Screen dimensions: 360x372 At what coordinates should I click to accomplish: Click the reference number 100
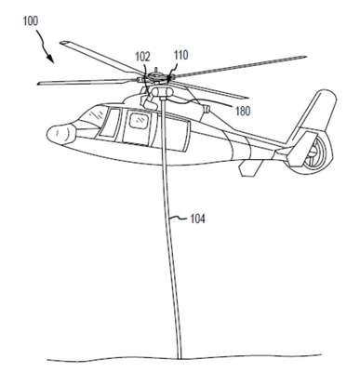30,21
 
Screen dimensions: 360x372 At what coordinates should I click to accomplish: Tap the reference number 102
142,57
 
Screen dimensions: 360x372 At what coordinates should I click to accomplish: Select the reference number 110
180,55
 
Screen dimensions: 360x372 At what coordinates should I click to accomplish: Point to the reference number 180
243,111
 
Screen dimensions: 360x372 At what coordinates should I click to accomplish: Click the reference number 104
197,219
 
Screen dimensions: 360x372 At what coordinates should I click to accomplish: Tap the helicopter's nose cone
60,135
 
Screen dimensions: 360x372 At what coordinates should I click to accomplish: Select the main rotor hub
156,75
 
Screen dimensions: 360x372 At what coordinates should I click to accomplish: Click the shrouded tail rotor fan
313,153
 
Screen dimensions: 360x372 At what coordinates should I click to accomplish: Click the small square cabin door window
138,120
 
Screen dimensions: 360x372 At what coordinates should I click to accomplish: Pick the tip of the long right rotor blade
306,57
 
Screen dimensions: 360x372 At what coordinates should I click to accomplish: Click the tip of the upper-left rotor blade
61,43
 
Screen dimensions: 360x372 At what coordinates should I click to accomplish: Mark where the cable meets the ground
179,358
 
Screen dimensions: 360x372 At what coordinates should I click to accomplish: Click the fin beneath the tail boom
250,168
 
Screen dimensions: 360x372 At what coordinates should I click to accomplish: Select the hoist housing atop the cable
161,91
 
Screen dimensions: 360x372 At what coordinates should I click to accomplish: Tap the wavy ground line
183,358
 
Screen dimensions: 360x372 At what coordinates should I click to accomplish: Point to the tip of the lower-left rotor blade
39,84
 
